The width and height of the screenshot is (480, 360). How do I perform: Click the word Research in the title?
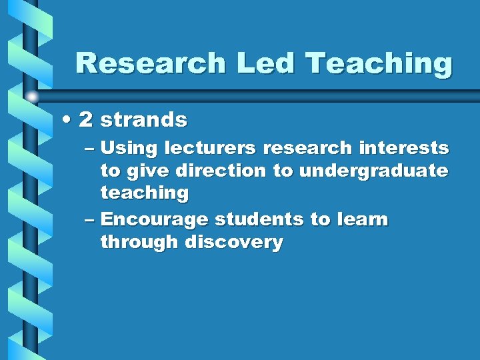pyautogui.click(x=151, y=64)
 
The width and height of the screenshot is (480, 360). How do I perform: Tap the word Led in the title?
pyautogui.click(x=265, y=64)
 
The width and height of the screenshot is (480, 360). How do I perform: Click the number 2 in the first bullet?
pyautogui.click(x=85, y=120)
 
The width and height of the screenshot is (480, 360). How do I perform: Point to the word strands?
pyautogui.click(x=144, y=121)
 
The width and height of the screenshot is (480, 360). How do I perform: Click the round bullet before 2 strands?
pyautogui.click(x=67, y=120)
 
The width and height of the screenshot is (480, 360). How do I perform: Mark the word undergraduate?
pyautogui.click(x=373, y=171)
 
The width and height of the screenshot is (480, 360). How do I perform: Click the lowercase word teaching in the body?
pyautogui.click(x=145, y=194)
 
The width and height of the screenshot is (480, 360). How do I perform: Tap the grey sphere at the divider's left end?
pyautogui.click(x=31, y=97)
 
